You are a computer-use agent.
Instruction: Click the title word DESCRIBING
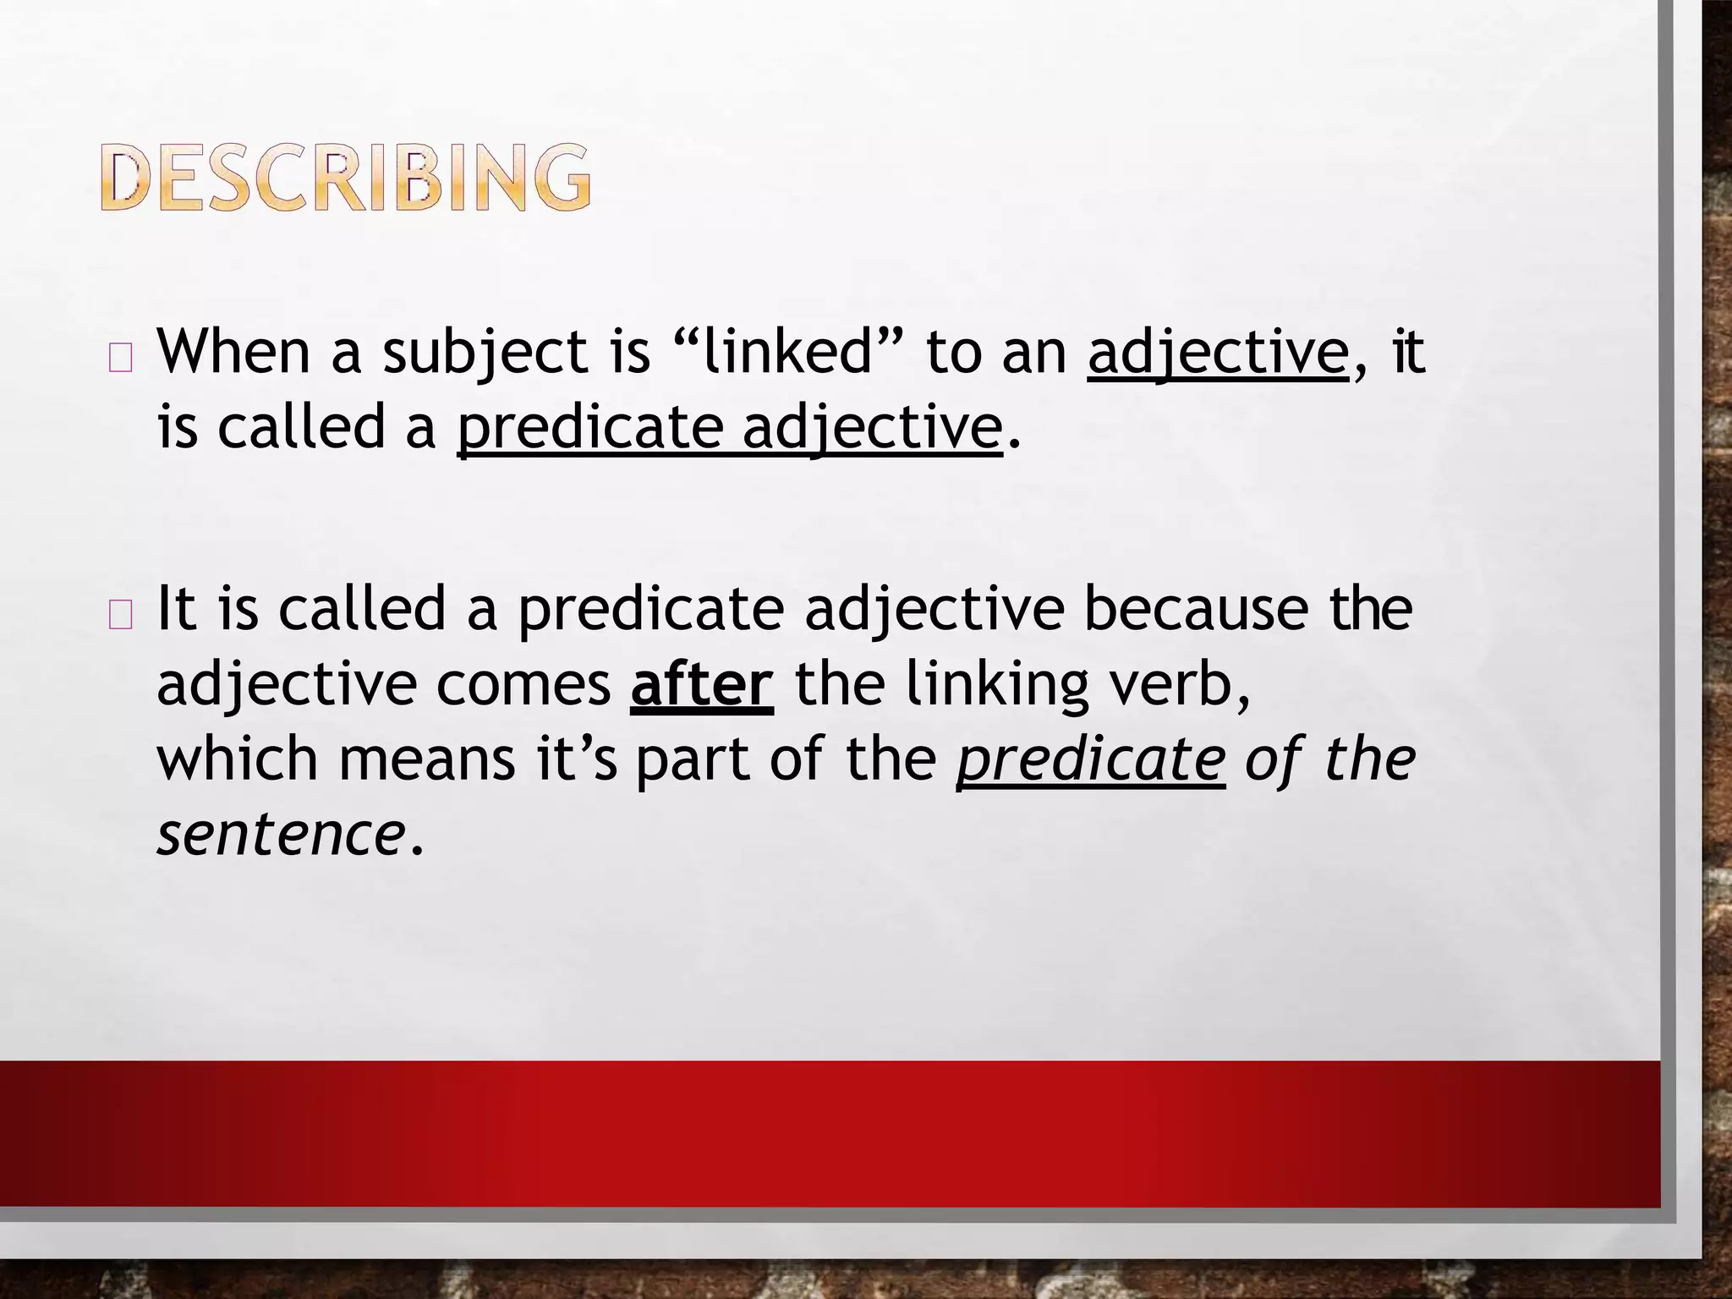[346, 177]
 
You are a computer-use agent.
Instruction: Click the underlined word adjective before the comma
[1218, 354]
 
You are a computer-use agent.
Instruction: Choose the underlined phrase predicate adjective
[730, 428]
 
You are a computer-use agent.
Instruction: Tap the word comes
[523, 684]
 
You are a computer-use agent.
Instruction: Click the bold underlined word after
[701, 684]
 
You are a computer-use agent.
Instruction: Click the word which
[238, 759]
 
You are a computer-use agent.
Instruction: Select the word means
[427, 760]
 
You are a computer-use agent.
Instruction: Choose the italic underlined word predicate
[1090, 760]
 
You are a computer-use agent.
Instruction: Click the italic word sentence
[280, 835]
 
